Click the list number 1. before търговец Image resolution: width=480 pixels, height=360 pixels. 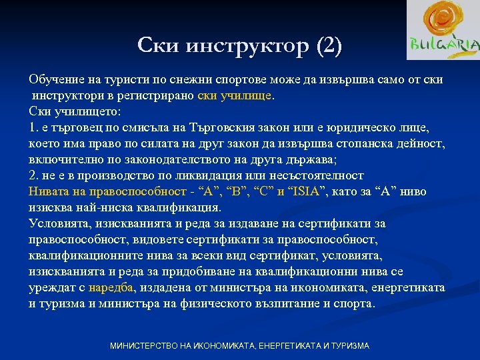click(34, 127)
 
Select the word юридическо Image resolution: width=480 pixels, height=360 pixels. click(364, 127)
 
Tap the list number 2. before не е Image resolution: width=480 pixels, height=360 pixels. click(34, 175)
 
